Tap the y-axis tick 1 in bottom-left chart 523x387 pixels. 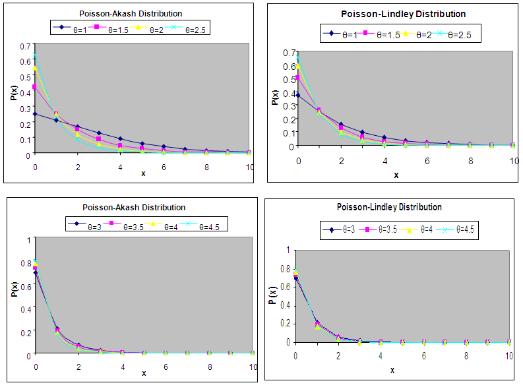pyautogui.click(x=28, y=240)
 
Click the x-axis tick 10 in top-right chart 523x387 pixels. pyautogui.click(x=514, y=161)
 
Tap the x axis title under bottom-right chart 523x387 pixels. pyautogui.click(x=392, y=370)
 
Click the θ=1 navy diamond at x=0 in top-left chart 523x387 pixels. pyautogui.click(x=36, y=114)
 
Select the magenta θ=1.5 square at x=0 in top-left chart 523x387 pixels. pyautogui.click(x=36, y=86)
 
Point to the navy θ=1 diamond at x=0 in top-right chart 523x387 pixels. pyautogui.click(x=297, y=96)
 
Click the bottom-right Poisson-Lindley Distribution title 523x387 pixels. pyautogui.click(x=389, y=207)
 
